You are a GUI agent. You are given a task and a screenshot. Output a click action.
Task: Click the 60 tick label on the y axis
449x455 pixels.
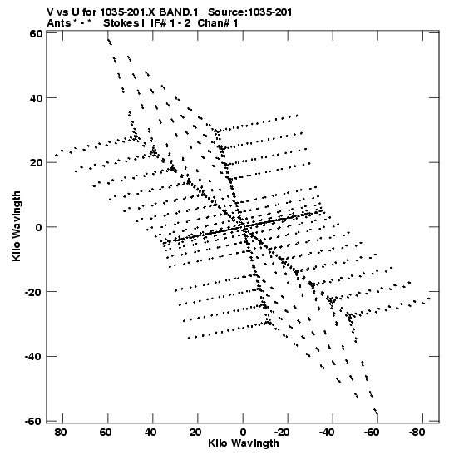(36, 33)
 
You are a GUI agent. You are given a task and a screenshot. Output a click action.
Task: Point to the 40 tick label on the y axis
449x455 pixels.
(36, 98)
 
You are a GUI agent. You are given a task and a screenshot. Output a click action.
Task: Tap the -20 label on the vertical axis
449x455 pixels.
(33, 292)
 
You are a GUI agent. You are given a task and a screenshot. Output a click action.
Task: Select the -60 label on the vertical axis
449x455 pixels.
(33, 421)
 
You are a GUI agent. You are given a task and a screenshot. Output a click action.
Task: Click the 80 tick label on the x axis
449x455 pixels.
(61, 433)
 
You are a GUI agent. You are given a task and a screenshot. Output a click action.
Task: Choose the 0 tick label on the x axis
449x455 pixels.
(243, 433)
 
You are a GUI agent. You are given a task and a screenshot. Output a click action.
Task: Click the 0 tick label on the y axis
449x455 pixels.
(39, 227)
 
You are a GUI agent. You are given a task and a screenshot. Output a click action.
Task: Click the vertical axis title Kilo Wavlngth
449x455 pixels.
(17, 226)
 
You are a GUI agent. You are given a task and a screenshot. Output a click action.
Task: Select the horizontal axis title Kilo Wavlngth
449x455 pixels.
(244, 443)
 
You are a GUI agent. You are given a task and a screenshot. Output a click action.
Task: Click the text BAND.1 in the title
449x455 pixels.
(179, 12)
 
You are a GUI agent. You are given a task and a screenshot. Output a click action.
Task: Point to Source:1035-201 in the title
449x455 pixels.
(250, 12)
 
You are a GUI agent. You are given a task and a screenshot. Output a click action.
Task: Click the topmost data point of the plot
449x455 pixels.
(108, 40)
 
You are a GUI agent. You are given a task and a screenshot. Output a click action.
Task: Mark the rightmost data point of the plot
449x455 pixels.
(429, 299)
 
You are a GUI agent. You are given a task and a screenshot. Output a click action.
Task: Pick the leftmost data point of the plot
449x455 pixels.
(56, 156)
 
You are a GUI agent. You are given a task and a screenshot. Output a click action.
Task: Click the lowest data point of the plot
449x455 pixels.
(377, 414)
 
